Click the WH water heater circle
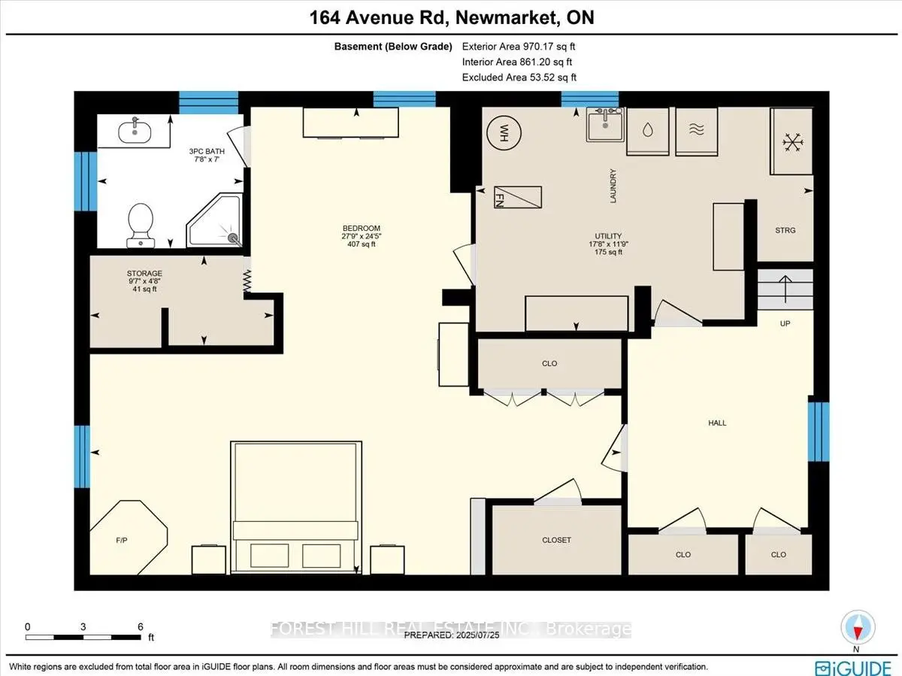[504, 133]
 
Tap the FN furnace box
[518, 197]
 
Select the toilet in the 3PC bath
[141, 226]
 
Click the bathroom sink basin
[135, 132]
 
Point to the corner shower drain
[232, 237]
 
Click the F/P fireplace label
[122, 540]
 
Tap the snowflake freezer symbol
[793, 142]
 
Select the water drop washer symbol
[648, 130]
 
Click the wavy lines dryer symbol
[697, 129]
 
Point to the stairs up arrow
[785, 289]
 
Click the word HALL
[717, 423]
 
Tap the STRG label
[785, 230]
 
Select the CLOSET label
[556, 540]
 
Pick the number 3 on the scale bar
[83, 626]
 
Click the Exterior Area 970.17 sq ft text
[519, 47]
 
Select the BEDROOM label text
[362, 228]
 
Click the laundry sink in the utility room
[605, 125]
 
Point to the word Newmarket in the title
[505, 17]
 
